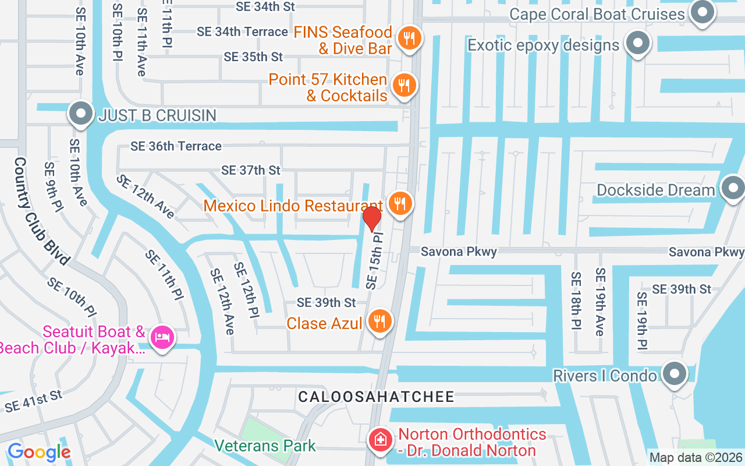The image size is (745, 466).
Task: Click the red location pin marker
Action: (372, 218)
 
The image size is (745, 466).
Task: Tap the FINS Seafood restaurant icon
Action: (410, 38)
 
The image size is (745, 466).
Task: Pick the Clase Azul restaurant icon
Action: (379, 320)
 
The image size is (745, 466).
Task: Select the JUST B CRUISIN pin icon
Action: (81, 114)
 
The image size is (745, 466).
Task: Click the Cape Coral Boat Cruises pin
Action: (703, 12)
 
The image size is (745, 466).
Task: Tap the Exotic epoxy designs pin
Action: (638, 43)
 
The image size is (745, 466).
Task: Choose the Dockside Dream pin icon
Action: (733, 189)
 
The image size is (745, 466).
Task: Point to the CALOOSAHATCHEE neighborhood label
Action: (376, 397)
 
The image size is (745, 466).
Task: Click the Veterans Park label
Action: (265, 446)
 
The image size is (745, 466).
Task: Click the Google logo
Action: (39, 452)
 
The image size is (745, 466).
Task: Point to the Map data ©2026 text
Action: (696, 458)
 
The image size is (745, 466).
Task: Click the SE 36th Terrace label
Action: (176, 146)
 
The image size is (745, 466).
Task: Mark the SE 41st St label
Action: (33, 401)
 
